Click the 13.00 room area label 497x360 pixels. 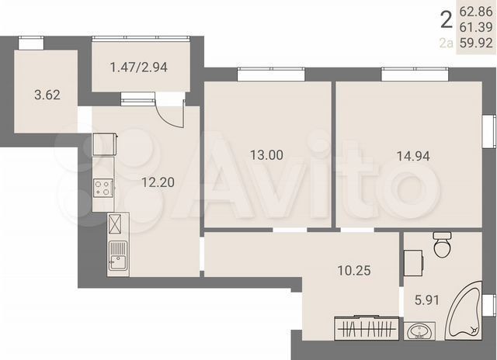pos(266,155)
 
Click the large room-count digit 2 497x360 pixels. pos(445,19)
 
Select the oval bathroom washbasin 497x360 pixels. pos(422,332)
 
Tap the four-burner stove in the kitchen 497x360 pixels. pos(103,187)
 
